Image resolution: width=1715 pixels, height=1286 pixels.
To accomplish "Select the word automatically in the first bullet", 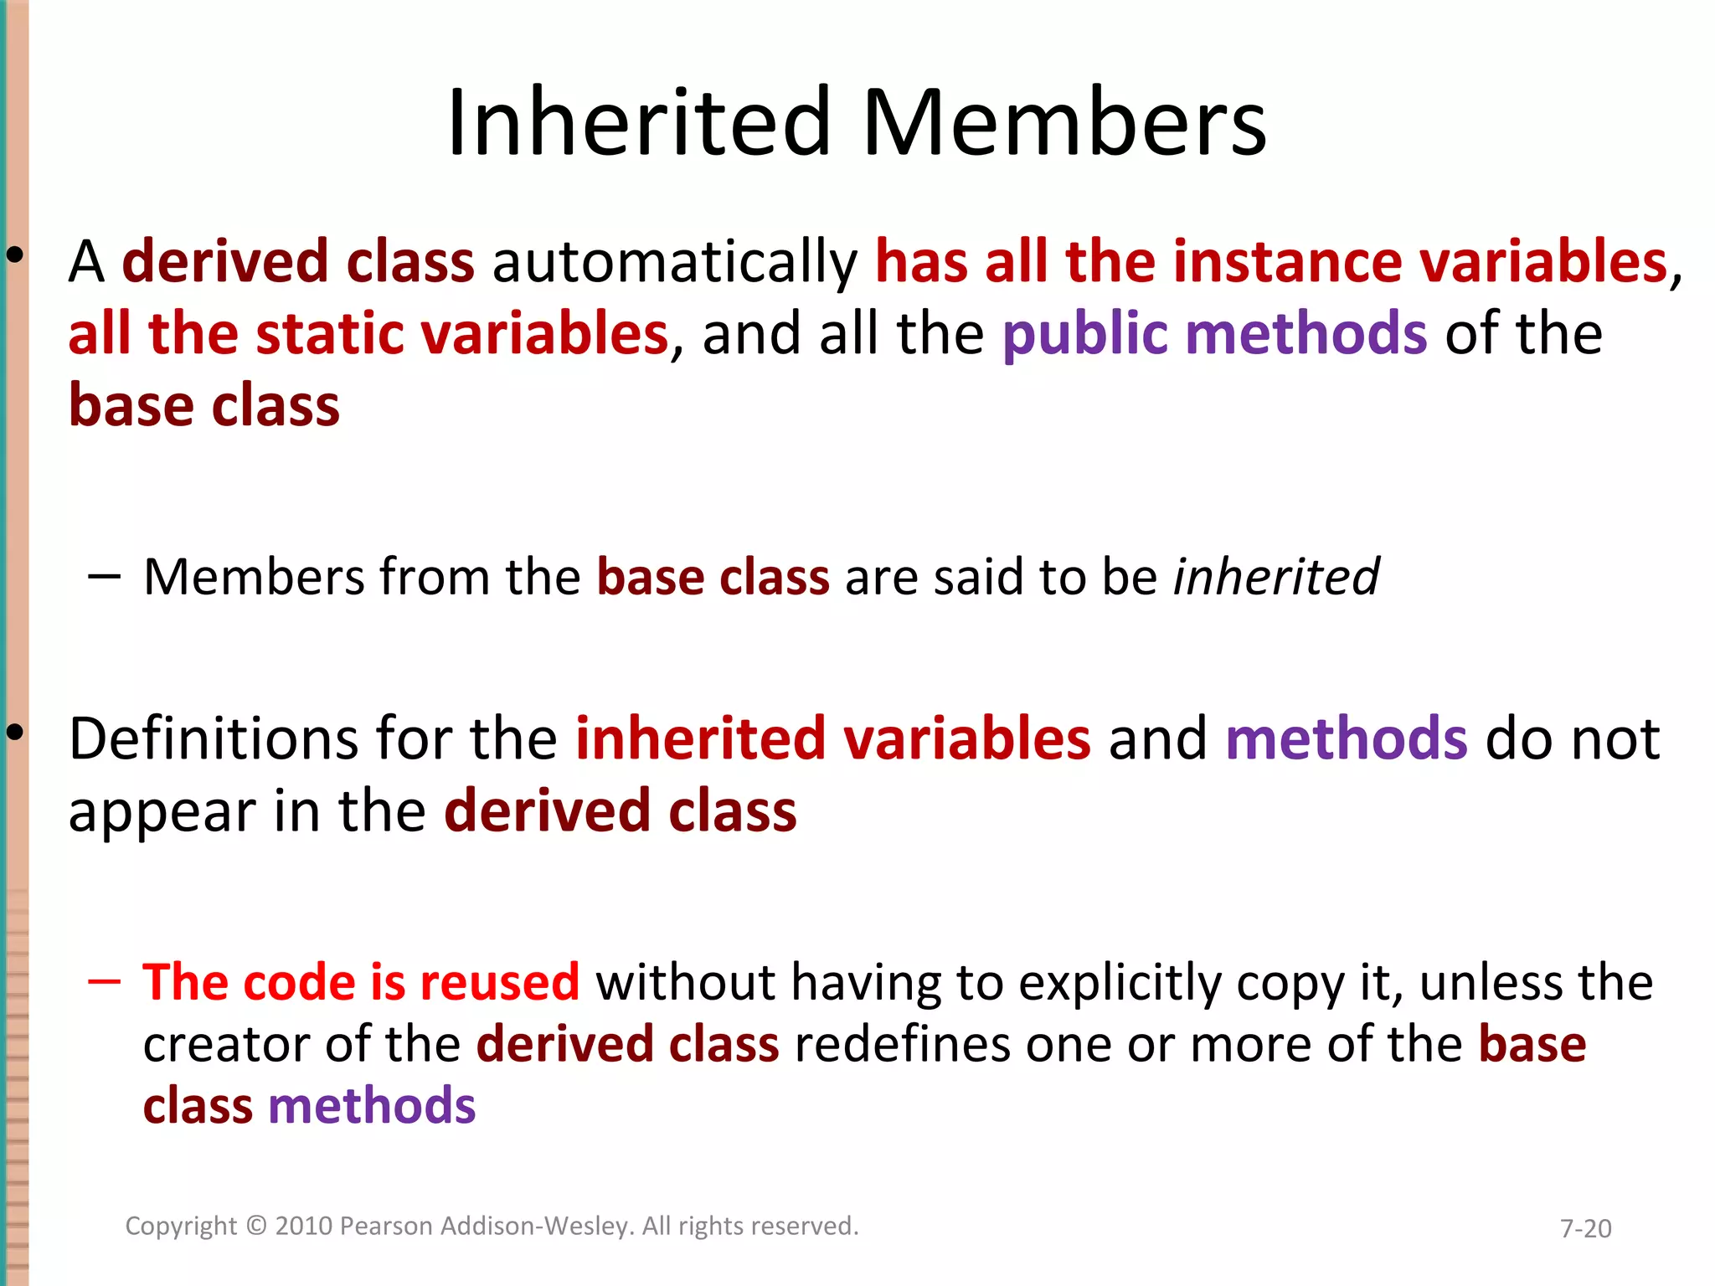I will tap(675, 263).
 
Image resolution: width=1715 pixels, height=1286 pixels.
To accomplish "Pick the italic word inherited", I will tap(1275, 577).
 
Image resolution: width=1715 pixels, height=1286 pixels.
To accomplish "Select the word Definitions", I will tap(214, 739).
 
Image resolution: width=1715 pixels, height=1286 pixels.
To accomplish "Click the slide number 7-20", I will tap(1585, 1228).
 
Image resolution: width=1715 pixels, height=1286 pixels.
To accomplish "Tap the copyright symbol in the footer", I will tap(256, 1226).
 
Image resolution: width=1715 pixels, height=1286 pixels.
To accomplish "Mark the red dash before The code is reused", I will tap(104, 980).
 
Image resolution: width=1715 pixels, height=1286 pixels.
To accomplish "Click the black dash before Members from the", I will tap(104, 576).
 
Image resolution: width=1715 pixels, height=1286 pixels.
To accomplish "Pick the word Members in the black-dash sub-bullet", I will tap(254, 577).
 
